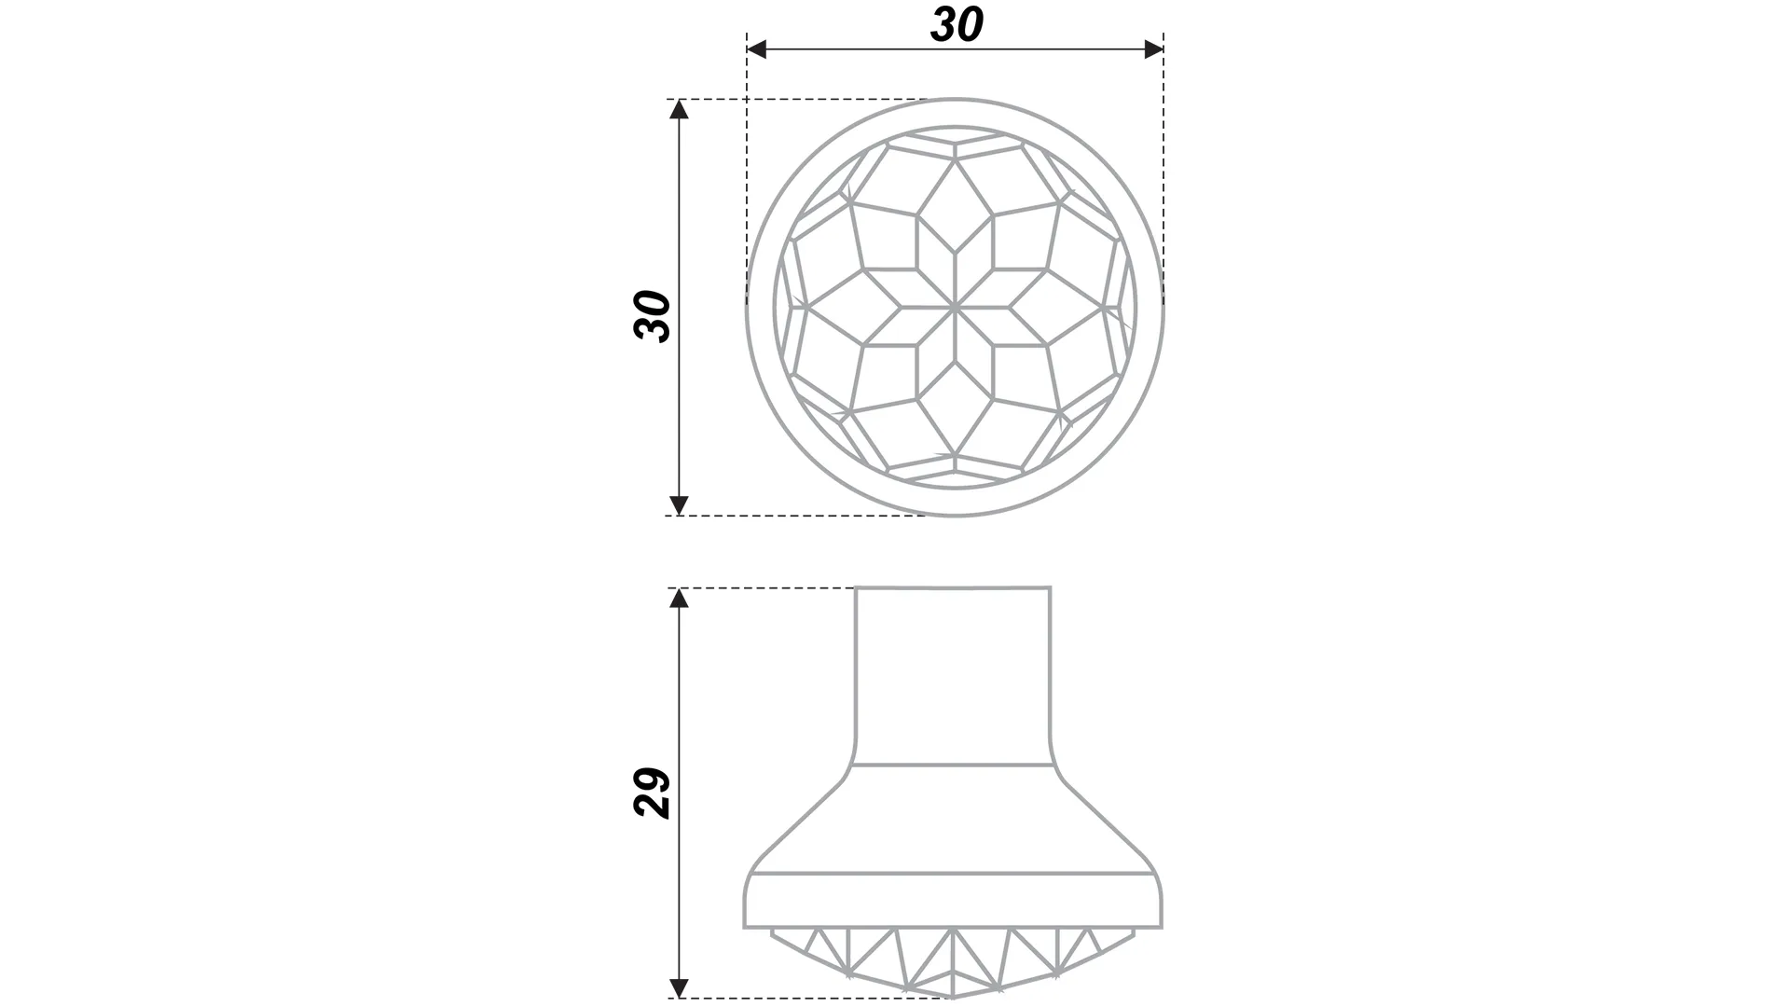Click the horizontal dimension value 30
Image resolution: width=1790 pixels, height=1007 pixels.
tap(957, 24)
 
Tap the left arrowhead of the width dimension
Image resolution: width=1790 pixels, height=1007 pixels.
tap(756, 49)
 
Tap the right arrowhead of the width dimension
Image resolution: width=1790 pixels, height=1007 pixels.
tap(1154, 49)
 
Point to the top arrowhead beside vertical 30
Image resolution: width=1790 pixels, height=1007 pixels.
tap(680, 109)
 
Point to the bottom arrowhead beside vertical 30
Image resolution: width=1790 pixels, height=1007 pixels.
tap(680, 505)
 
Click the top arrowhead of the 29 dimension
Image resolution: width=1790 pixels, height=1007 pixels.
tap(680, 598)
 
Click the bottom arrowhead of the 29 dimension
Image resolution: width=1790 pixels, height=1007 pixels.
tap(680, 987)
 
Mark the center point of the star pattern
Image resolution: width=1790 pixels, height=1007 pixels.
tap(956, 307)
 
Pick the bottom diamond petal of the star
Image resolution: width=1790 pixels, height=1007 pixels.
tap(956, 407)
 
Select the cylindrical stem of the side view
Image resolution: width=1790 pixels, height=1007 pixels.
tap(954, 676)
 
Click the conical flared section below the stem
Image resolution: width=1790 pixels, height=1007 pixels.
tap(954, 821)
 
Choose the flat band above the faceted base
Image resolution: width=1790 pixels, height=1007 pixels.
tap(954, 902)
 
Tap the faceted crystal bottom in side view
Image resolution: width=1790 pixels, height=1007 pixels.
tap(954, 960)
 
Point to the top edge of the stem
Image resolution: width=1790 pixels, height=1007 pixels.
tap(954, 587)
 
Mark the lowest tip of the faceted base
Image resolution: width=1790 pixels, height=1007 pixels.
tap(954, 997)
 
